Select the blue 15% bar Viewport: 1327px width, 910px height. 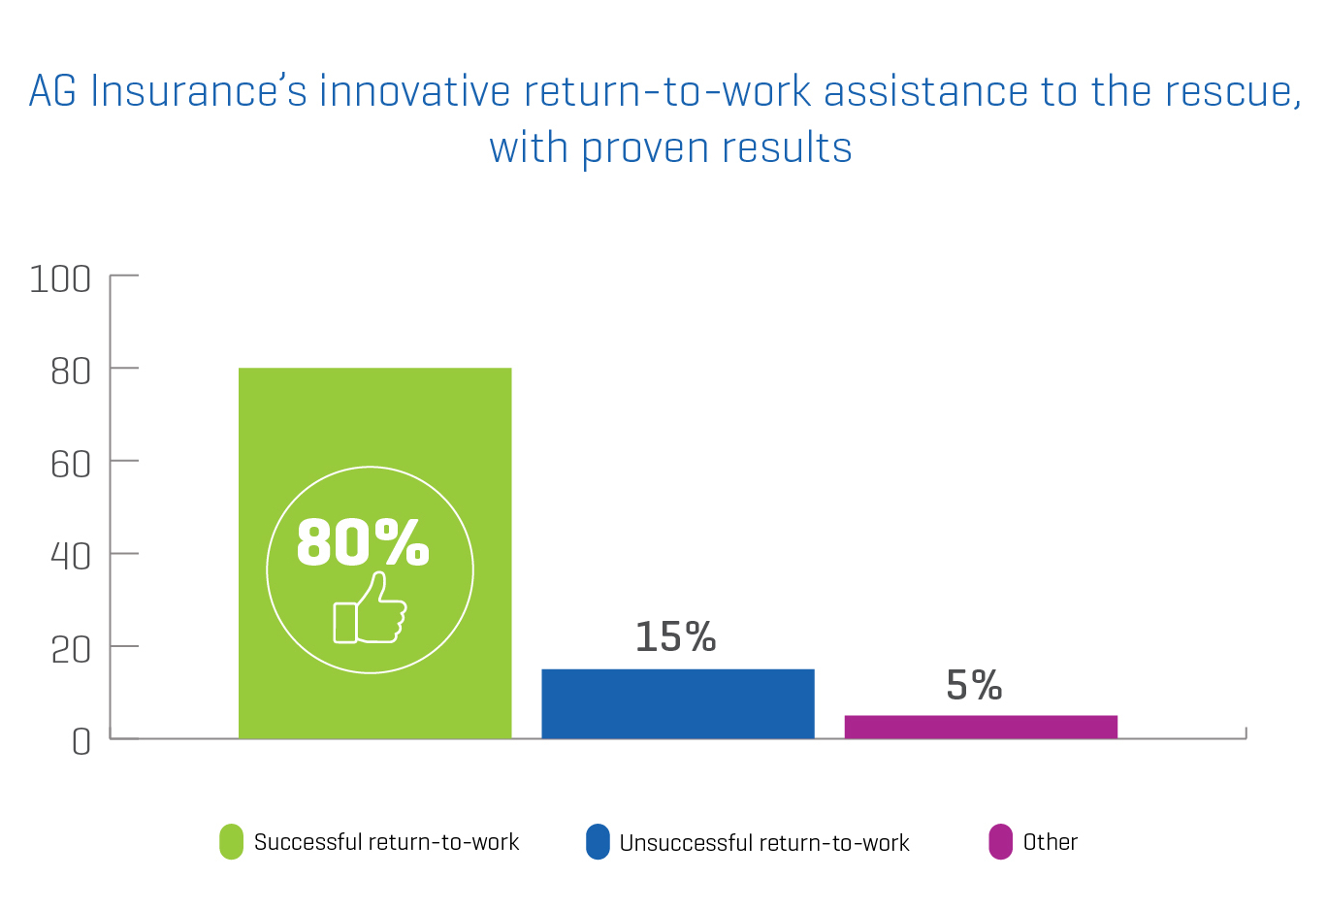(678, 703)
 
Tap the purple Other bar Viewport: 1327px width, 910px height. (981, 727)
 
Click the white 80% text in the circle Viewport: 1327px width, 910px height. (363, 542)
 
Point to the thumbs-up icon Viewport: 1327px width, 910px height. (370, 607)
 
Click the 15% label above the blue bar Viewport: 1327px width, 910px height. (675, 636)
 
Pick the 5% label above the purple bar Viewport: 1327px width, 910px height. (974, 685)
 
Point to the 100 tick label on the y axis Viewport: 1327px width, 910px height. (60, 279)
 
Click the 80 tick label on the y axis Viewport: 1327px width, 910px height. (71, 373)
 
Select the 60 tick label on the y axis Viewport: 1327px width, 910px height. (71, 465)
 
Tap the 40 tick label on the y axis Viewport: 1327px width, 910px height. (71, 557)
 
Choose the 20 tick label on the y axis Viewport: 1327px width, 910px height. (71, 650)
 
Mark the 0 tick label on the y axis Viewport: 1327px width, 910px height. (81, 742)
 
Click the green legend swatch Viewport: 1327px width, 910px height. (231, 841)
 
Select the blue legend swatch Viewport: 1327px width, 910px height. (598, 841)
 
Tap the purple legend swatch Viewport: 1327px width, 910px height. (1000, 841)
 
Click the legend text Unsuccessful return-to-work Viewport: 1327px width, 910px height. (764, 842)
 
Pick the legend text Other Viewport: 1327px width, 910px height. (1051, 842)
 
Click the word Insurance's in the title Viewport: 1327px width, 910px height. (199, 91)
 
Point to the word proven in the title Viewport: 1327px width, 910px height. (645, 149)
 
